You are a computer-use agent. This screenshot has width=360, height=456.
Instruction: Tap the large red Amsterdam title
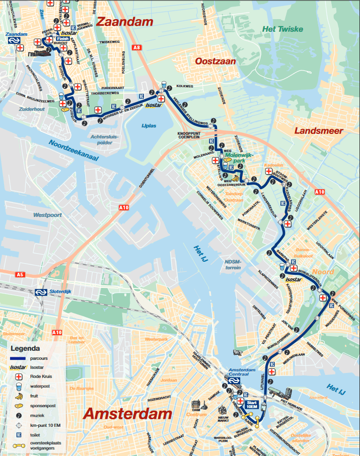(x=127, y=414)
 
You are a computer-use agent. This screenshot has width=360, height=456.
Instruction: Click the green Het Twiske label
(x=282, y=29)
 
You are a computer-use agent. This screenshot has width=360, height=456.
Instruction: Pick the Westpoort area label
(x=47, y=215)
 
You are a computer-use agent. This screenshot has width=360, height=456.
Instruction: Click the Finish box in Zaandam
(x=62, y=38)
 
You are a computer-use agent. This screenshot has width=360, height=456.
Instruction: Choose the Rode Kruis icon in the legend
(x=19, y=376)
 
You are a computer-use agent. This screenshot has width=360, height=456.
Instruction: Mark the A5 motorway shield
(x=20, y=275)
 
